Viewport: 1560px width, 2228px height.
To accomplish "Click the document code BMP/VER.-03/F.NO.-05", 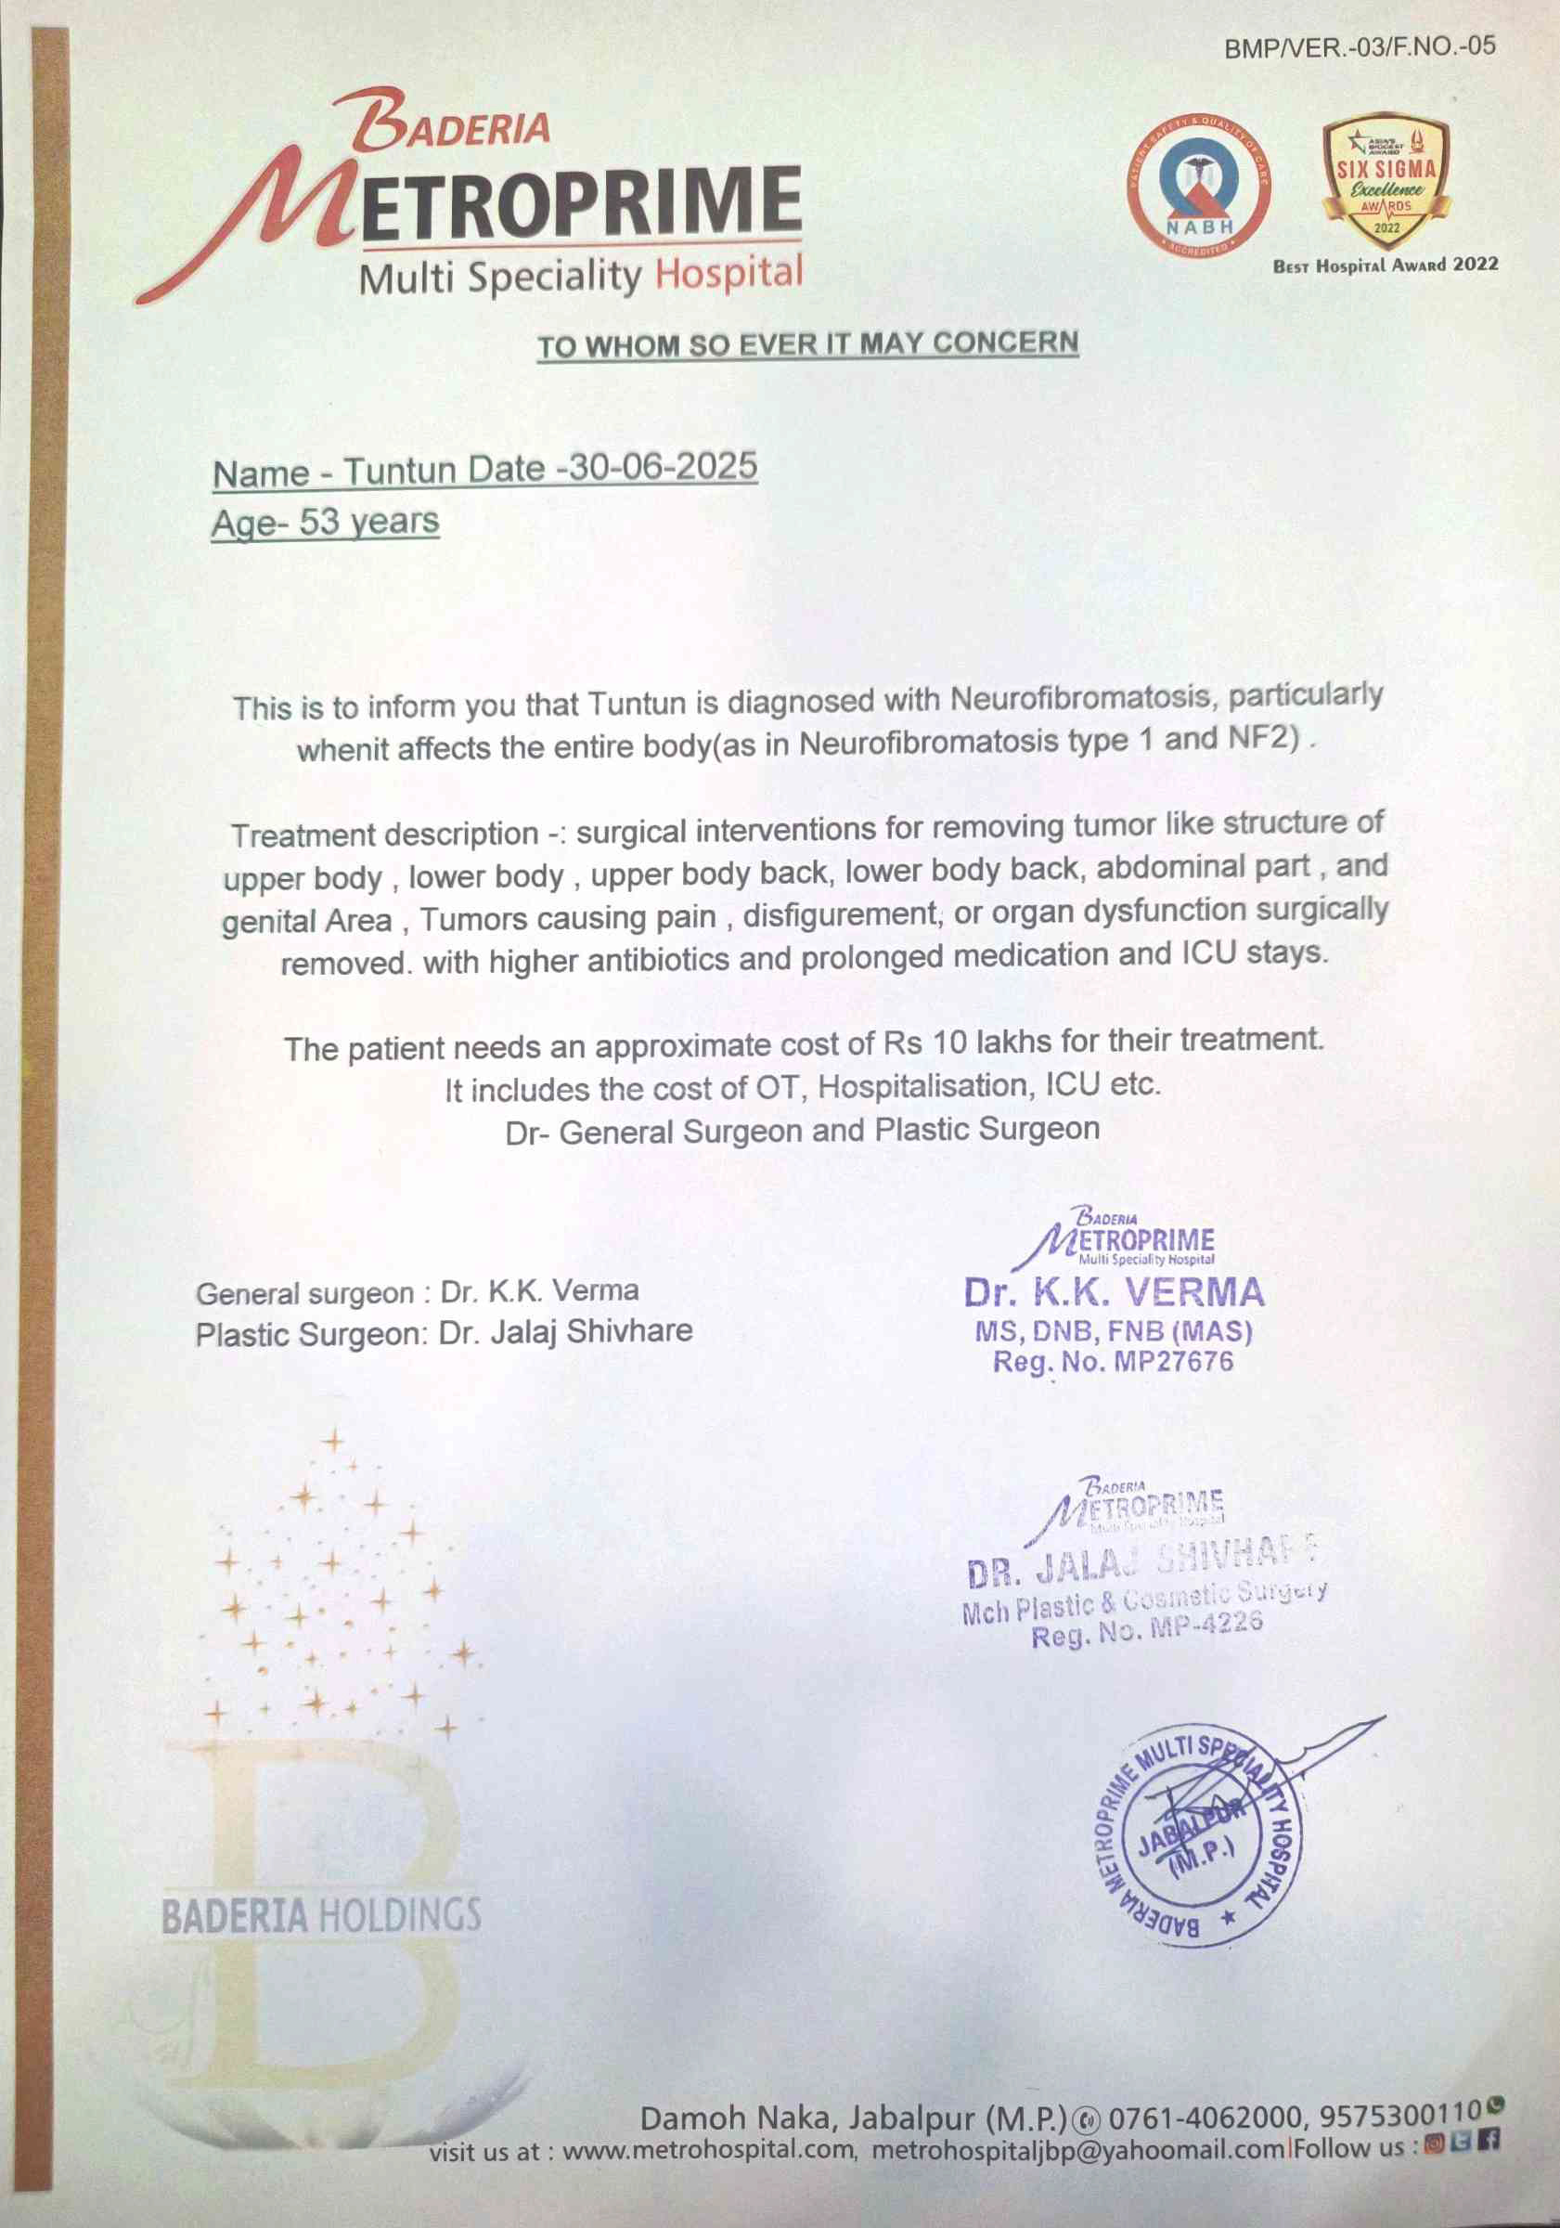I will tap(1360, 46).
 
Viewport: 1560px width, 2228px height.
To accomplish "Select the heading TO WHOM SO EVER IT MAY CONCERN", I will tap(808, 344).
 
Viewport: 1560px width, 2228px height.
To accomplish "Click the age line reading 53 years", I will tap(325, 523).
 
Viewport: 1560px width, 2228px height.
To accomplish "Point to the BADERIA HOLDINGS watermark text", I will tap(321, 1914).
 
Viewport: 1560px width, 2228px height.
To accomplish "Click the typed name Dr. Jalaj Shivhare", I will tap(565, 1332).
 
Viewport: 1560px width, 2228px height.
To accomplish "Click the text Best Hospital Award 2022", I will tap(1386, 265).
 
